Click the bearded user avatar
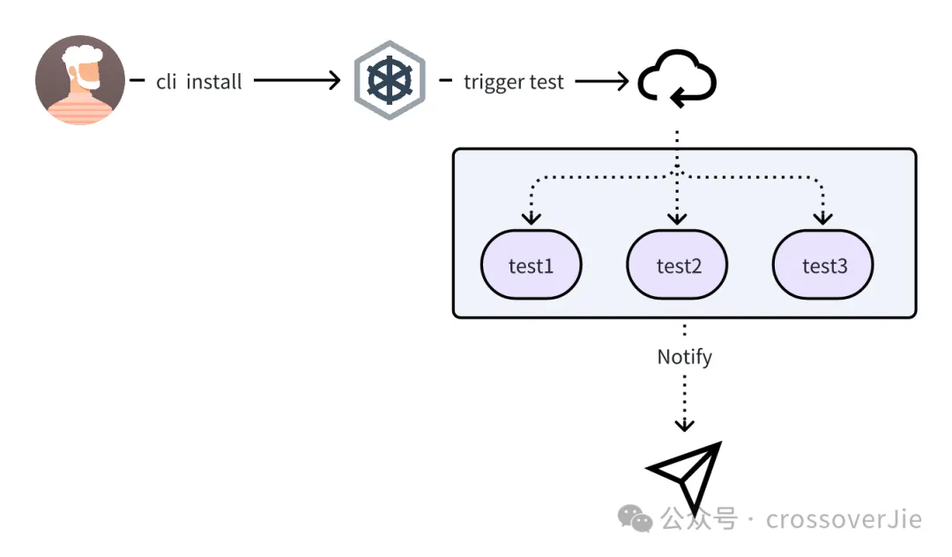pyautogui.click(x=80, y=80)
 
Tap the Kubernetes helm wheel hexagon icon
pyautogui.click(x=390, y=81)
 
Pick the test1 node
pyautogui.click(x=531, y=265)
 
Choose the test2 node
pyautogui.click(x=677, y=265)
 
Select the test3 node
pyautogui.click(x=822, y=265)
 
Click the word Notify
pyautogui.click(x=684, y=357)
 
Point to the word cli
pyautogui.click(x=167, y=82)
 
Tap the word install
pyautogui.click(x=214, y=82)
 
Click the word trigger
pyautogui.click(x=495, y=82)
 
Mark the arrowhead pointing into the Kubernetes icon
pyautogui.click(x=334, y=81)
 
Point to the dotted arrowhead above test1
pyautogui.click(x=531, y=217)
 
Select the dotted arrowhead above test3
pyautogui.click(x=822, y=217)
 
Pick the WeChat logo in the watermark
pyautogui.click(x=636, y=518)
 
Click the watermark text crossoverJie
pyautogui.click(x=844, y=519)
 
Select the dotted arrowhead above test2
pyautogui.click(x=677, y=217)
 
